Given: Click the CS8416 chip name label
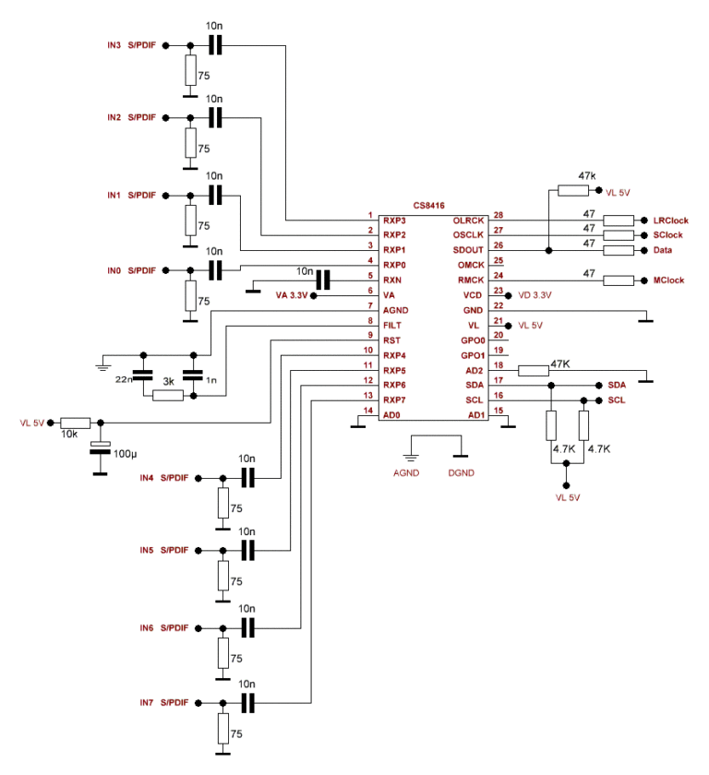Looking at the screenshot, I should [429, 208].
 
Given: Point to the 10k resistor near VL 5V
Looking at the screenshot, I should [76, 423].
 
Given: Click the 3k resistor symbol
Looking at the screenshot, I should [167, 396].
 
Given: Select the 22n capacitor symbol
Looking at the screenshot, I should [142, 376].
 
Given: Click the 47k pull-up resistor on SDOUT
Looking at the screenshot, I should [573, 191].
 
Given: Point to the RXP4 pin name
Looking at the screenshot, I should [394, 354].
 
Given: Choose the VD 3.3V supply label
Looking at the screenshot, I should [535, 295].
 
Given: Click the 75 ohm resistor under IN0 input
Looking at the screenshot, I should [190, 295].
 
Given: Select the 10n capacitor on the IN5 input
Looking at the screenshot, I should [246, 550].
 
